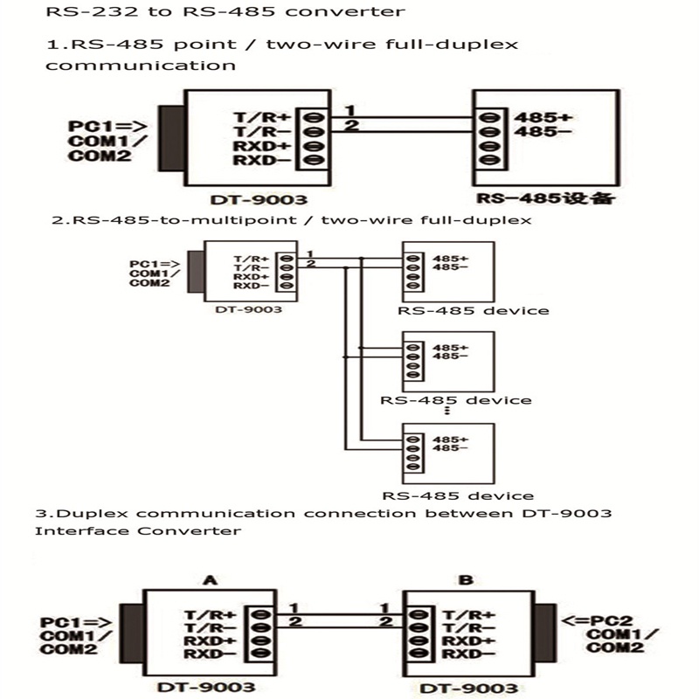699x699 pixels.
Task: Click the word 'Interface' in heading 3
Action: tap(73, 530)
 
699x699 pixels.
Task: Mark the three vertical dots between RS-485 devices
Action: tap(447, 412)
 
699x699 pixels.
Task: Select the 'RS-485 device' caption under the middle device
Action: tap(456, 400)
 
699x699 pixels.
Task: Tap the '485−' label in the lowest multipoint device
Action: tap(450, 447)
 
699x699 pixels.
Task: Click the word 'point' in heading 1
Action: tap(156, 45)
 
